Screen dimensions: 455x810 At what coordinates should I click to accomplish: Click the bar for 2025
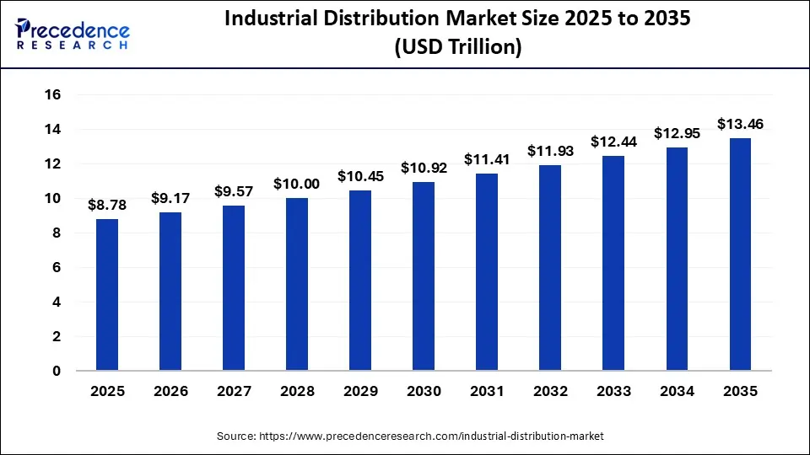tap(107, 295)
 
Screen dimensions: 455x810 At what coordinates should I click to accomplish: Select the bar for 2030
tap(424, 276)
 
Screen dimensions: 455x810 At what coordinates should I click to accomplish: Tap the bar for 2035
tap(740, 254)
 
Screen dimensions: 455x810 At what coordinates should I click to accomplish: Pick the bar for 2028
tap(297, 285)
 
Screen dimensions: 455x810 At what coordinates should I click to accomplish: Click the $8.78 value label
tap(107, 205)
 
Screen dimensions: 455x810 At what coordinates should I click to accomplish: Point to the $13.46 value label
tap(740, 124)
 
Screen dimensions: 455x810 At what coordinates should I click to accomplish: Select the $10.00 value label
tap(297, 184)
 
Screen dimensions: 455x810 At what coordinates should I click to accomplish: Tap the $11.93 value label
tap(550, 151)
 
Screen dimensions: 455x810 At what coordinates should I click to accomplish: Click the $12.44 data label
tap(613, 142)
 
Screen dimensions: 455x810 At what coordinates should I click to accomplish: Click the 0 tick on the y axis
tap(57, 371)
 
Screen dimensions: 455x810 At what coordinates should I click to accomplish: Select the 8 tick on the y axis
tap(57, 233)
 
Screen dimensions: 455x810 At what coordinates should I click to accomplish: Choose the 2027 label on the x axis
tap(234, 392)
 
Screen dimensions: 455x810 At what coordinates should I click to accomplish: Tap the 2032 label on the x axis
tap(550, 392)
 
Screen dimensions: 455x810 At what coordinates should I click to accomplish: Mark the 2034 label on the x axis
tap(677, 392)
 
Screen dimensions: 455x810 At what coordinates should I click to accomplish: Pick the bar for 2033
tap(613, 263)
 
